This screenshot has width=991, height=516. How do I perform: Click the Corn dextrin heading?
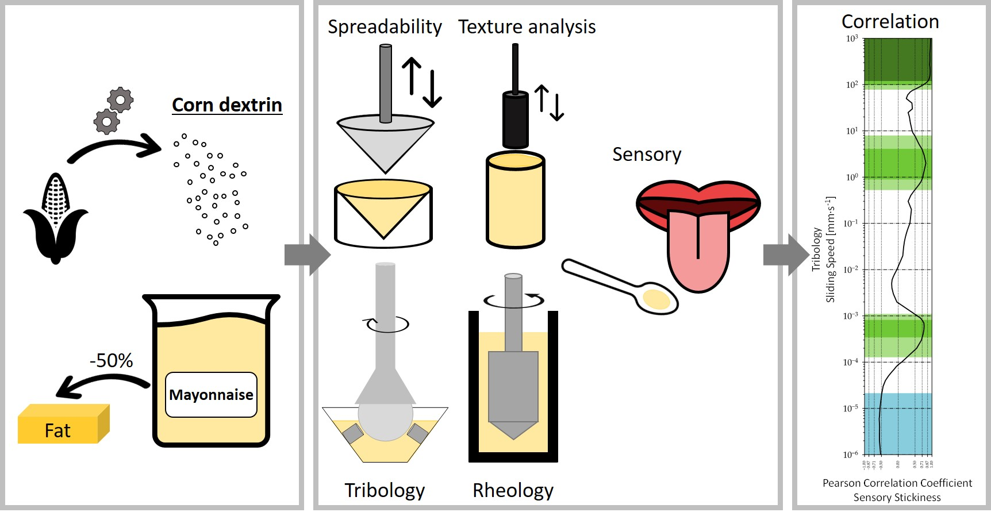tap(227, 105)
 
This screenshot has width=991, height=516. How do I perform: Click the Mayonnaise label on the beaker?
tap(211, 395)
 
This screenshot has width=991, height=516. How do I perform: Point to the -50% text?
tap(111, 361)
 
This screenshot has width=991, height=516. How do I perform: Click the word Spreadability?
tap(385, 27)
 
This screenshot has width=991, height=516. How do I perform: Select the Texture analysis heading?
tap(527, 27)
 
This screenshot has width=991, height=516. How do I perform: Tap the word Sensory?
tap(647, 155)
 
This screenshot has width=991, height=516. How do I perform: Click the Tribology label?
tap(385, 490)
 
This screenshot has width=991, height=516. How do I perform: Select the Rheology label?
tap(513, 490)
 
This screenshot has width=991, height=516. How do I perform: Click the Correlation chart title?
tap(890, 22)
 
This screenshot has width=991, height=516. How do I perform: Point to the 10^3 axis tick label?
tap(851, 38)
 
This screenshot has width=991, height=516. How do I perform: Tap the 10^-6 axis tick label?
tap(850, 455)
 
